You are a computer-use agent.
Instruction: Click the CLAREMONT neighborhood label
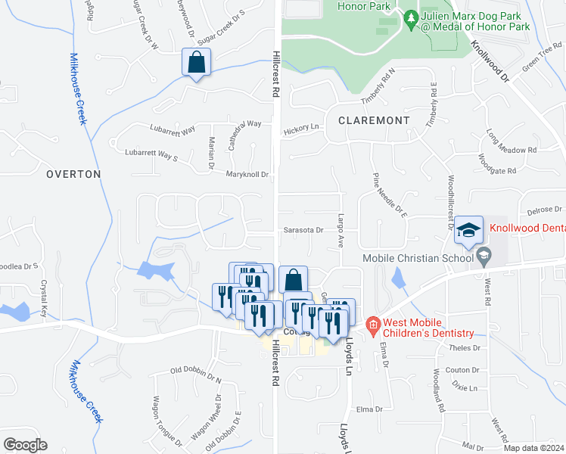click(x=374, y=120)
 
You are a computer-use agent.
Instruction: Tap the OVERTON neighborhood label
click(x=73, y=174)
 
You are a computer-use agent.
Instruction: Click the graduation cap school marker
click(x=468, y=230)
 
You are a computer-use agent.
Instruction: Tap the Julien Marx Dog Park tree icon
click(x=411, y=16)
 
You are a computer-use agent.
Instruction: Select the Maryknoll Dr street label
click(x=247, y=175)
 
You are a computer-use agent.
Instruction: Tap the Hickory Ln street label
click(x=303, y=130)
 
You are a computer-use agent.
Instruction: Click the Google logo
click(x=25, y=444)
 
